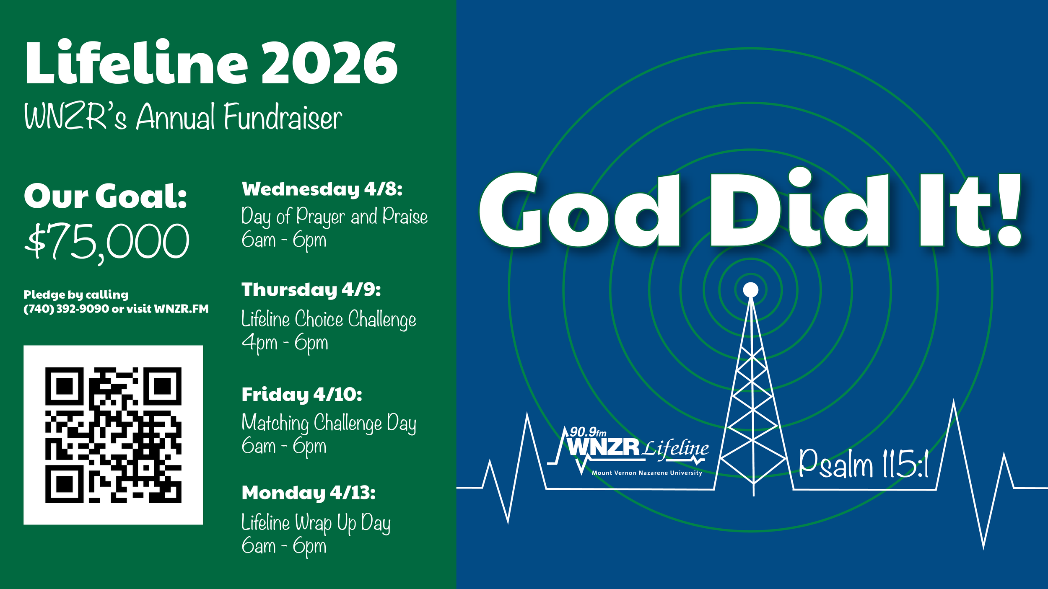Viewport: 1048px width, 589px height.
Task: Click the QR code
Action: [x=113, y=435]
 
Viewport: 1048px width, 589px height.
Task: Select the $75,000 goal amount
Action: [x=107, y=242]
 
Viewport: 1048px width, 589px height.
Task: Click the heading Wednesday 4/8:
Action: [x=322, y=189]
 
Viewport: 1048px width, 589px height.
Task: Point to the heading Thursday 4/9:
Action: [x=311, y=290]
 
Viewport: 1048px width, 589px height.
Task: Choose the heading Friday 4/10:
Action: [x=302, y=395]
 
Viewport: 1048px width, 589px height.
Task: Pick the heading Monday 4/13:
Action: [x=309, y=493]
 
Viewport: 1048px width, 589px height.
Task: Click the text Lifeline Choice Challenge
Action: [x=329, y=320]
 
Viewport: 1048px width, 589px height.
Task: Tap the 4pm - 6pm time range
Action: [x=285, y=343]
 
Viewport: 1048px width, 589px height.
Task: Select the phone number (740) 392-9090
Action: [x=66, y=309]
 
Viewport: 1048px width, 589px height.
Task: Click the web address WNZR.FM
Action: [x=181, y=309]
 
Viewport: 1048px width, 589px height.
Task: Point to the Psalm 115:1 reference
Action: [x=864, y=464]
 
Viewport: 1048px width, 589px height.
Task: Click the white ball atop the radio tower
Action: [x=750, y=289]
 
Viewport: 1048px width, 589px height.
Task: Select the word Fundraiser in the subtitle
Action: [x=283, y=117]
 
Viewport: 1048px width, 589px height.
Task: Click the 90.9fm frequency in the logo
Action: [x=588, y=432]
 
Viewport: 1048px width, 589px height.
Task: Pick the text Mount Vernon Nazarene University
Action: [x=647, y=473]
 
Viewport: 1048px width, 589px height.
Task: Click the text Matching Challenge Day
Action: [x=329, y=423]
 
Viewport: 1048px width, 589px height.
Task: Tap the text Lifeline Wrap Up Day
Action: [x=316, y=523]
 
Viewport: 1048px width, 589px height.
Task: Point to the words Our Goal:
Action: [x=105, y=196]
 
